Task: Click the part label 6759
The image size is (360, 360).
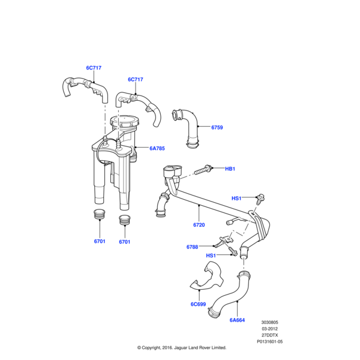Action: coord(217,128)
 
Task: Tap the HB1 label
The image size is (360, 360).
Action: coord(230,169)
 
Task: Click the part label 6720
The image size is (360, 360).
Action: coord(199,225)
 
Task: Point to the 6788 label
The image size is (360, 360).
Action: coord(192,247)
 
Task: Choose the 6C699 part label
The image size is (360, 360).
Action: coord(199,304)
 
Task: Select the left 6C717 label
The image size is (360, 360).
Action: coord(94,68)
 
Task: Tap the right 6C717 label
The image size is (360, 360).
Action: coord(135,80)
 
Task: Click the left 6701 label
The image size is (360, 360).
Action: coord(100,242)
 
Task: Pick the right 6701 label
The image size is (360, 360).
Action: coord(124,242)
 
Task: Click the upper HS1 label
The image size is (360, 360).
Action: coord(236,198)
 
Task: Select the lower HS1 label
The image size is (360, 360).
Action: coord(211,256)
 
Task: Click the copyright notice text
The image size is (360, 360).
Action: coord(181,347)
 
